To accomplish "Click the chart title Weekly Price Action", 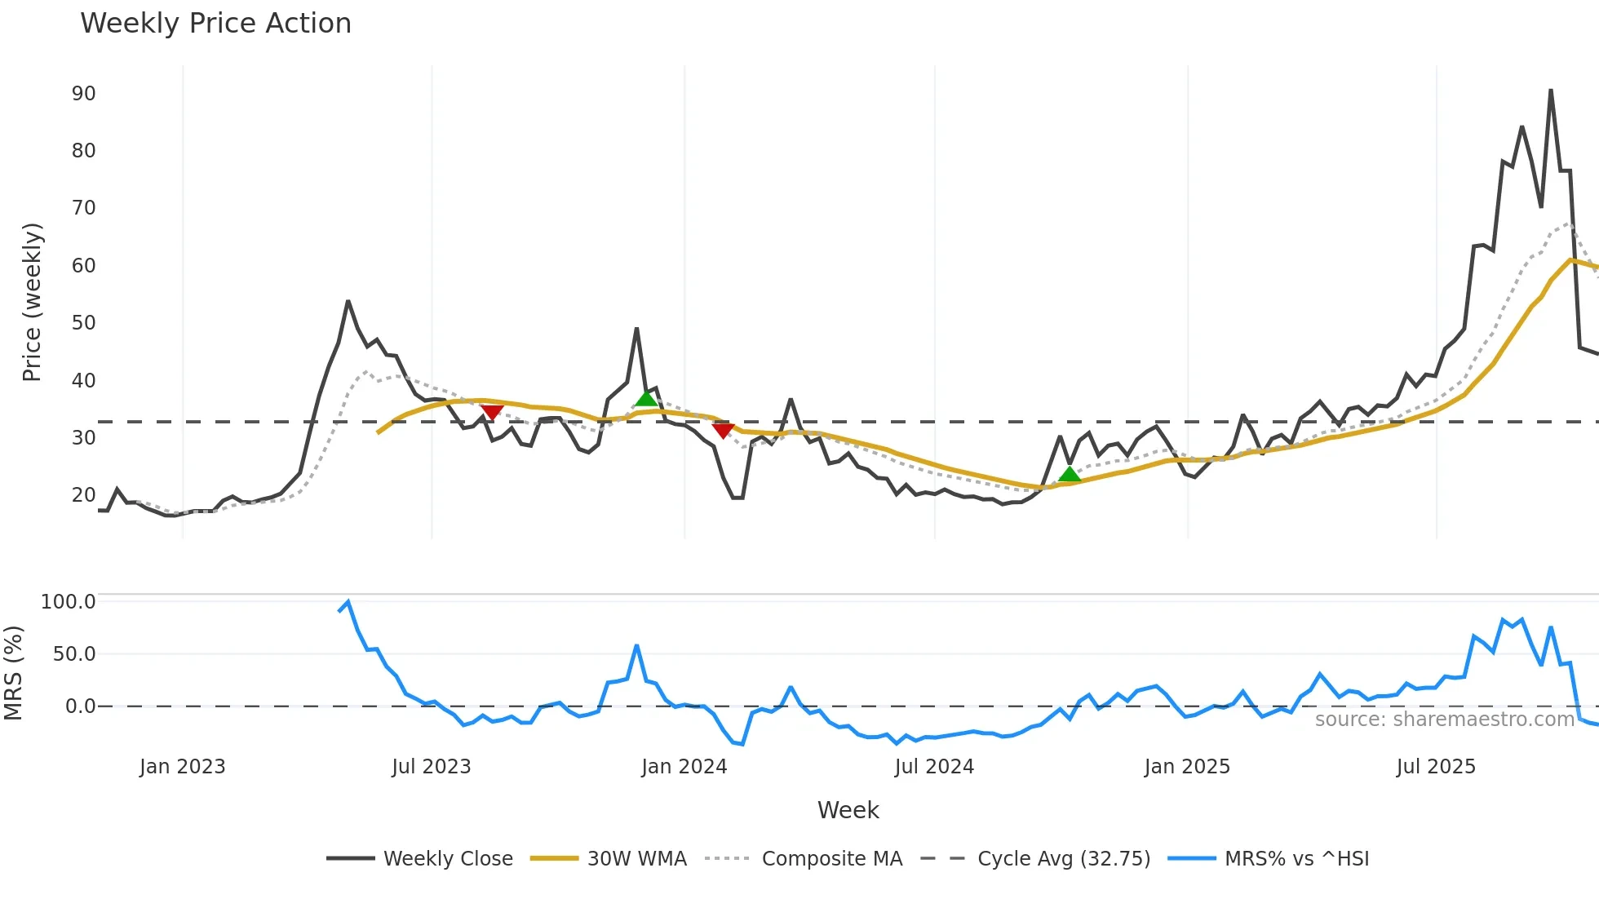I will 215,24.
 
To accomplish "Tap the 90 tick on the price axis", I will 83,94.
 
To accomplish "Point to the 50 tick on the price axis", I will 83,323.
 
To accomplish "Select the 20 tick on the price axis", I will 83,495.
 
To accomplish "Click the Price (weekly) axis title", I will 32,302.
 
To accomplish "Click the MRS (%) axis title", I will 13,673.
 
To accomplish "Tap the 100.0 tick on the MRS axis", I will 68,602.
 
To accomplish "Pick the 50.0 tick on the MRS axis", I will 73,654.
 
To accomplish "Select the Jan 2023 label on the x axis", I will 182,767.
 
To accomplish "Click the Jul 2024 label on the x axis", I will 934,767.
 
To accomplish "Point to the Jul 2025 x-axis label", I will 1436,767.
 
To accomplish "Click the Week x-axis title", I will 848,810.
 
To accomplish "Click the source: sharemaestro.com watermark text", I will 1444,720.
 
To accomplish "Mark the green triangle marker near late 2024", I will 1069,475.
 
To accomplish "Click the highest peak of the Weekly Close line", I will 1550,91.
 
